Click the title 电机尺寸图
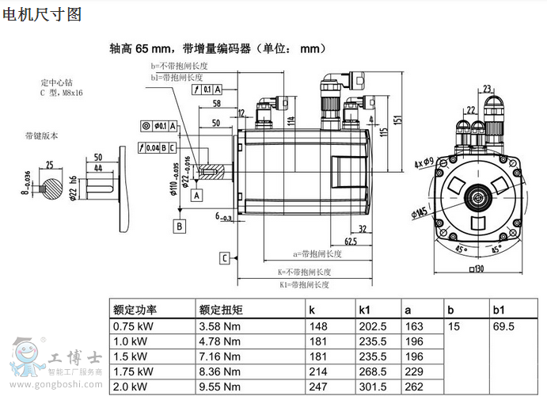pyautogui.click(x=42, y=15)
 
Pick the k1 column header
pyautogui.click(x=366, y=309)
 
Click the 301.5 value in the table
pyautogui.click(x=372, y=387)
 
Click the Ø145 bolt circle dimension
pyautogui.click(x=419, y=213)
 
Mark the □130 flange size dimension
pyautogui.click(x=476, y=269)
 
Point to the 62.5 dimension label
pyautogui.click(x=350, y=240)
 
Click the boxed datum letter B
pyautogui.click(x=180, y=226)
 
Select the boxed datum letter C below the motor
pyautogui.click(x=225, y=257)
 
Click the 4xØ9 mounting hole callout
pyautogui.click(x=423, y=163)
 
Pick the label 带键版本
pyautogui.click(x=41, y=135)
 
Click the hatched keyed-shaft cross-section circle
pyautogui.click(x=55, y=191)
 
